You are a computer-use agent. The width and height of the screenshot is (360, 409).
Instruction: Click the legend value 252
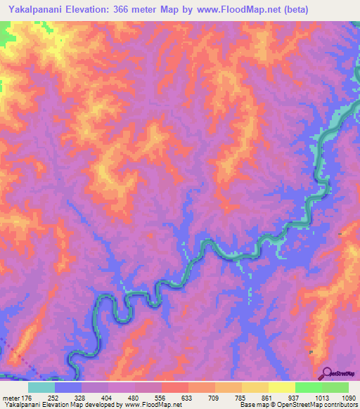54,398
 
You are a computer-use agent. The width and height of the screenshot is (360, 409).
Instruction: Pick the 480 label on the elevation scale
134,398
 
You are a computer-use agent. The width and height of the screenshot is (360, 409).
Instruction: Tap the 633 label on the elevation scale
188,398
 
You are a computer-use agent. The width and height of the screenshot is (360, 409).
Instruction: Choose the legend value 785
241,398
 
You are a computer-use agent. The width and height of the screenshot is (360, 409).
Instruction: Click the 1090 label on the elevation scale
347,398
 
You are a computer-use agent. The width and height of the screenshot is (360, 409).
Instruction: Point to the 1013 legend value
320,398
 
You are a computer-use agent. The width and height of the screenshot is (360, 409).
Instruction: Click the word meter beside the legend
9,398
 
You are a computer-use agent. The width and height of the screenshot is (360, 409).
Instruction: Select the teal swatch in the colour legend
41,387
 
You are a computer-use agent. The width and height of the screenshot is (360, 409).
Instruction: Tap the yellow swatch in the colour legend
281,387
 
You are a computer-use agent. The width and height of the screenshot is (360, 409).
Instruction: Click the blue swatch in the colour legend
67,387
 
